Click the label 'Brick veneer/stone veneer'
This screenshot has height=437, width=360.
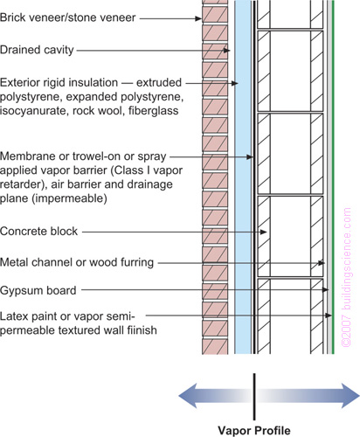[x=67, y=17]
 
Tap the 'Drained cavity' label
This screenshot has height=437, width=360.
[x=37, y=50]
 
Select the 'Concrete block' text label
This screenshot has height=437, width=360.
[x=38, y=232]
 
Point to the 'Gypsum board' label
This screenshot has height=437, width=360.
[x=38, y=290]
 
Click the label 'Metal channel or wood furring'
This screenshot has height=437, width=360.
[x=77, y=262]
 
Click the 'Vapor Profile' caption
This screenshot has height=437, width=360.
[x=254, y=430]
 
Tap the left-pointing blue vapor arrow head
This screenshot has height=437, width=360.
[x=188, y=396]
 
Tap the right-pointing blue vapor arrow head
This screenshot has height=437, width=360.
[x=350, y=396]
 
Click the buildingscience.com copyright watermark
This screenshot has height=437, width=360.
[x=347, y=277]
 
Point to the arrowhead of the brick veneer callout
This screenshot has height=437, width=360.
[x=198, y=18]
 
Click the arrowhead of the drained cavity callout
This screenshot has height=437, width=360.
[x=227, y=51]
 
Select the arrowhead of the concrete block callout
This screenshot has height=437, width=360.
[x=264, y=232]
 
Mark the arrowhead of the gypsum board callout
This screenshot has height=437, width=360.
[x=326, y=289]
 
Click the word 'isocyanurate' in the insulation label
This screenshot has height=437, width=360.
[x=34, y=111]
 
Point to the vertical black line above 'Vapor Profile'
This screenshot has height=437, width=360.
[x=254, y=397]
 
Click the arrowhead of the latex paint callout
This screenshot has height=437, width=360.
[x=329, y=316]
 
